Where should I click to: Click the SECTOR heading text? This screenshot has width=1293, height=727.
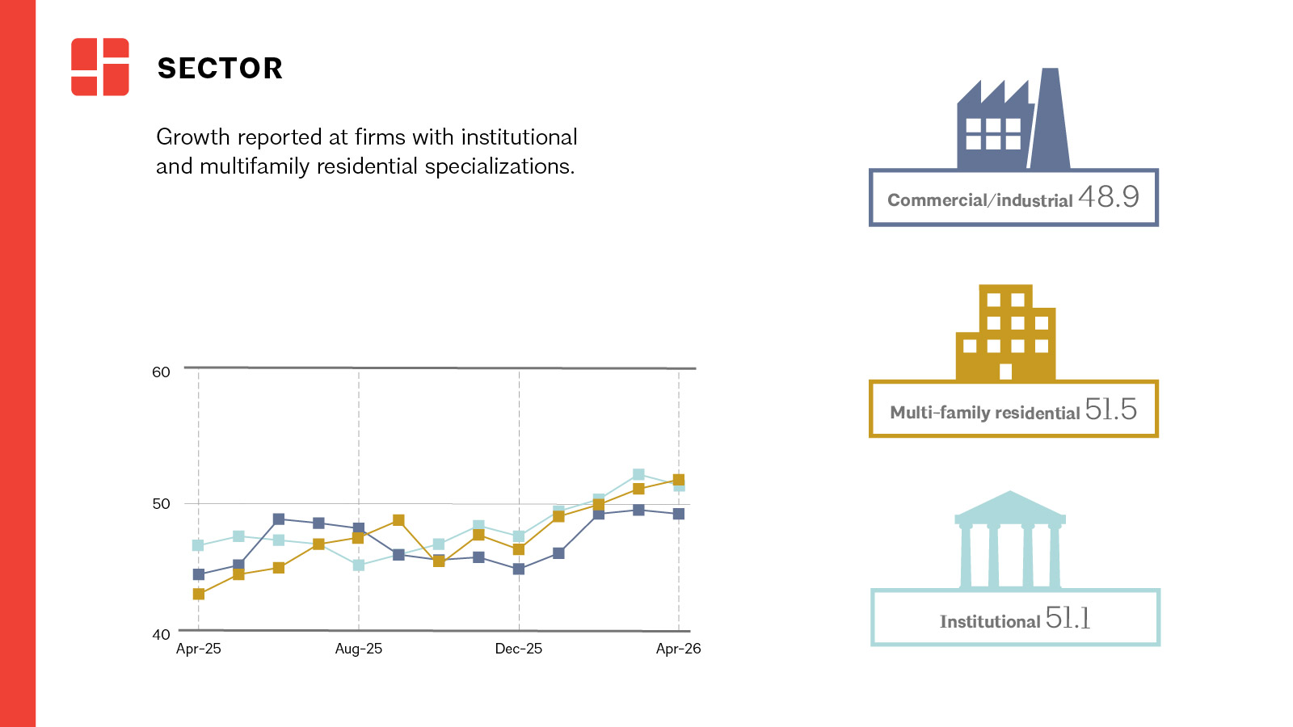(220, 68)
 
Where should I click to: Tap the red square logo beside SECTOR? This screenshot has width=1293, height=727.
(100, 67)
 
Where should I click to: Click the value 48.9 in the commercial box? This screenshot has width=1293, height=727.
(1108, 197)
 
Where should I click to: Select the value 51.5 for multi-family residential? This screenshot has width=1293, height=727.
(1110, 409)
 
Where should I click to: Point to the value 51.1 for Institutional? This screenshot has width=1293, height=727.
(1068, 618)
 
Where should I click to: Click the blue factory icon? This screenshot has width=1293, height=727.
(1013, 118)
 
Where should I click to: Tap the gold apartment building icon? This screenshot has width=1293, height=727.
(1005, 332)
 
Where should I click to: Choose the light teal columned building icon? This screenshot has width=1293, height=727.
(1009, 540)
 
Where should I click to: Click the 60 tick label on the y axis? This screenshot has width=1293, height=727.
(161, 372)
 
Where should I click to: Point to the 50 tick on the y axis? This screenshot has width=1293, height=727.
(161, 504)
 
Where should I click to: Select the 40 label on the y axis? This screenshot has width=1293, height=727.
(161, 635)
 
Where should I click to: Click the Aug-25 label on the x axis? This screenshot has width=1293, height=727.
(359, 649)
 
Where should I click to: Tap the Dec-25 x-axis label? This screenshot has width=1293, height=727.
(518, 649)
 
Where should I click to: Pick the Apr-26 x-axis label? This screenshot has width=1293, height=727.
(678, 649)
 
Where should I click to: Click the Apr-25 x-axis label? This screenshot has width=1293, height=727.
(199, 649)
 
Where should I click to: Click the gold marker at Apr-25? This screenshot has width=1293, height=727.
(199, 594)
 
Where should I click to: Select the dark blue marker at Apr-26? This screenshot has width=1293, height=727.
(679, 514)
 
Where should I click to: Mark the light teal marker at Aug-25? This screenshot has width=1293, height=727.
(359, 565)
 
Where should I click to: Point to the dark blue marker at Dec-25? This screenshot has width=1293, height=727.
(518, 569)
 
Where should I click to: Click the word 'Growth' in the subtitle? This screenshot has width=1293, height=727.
(193, 138)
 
